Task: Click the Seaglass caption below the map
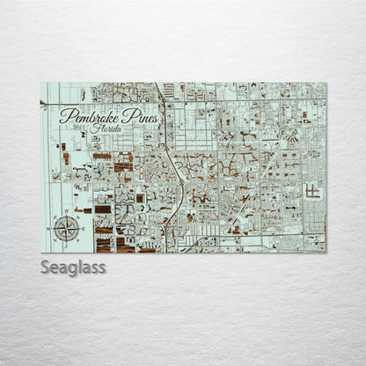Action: point(72,267)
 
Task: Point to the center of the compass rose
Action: point(67,227)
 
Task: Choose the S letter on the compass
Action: point(67,243)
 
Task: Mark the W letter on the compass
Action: point(52,227)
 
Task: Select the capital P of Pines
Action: point(123,114)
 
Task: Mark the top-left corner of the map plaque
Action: point(40,84)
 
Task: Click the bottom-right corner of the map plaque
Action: point(326,253)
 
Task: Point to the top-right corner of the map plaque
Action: point(326,84)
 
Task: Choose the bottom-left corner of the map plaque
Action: point(40,253)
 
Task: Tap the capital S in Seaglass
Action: point(45,267)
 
